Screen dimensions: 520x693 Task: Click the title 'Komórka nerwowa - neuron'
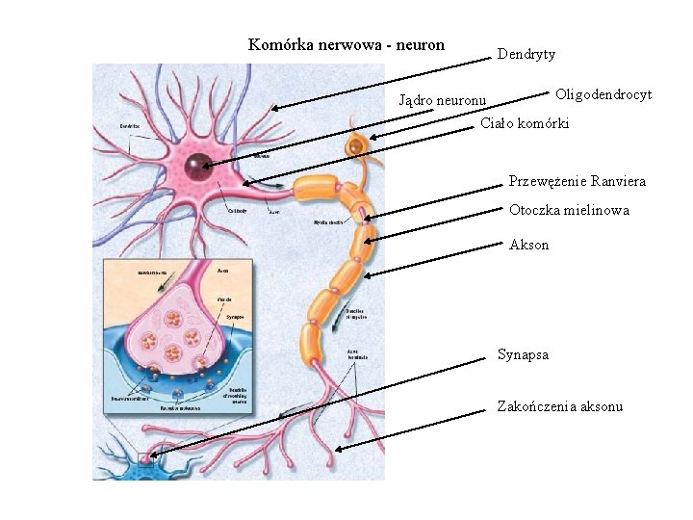[x=346, y=44]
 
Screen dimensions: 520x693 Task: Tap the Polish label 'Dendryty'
[x=526, y=55]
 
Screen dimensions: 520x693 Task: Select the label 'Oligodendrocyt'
[x=603, y=94]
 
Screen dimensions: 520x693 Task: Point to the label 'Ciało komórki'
[x=525, y=124]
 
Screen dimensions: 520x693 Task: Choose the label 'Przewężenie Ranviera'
[x=577, y=181]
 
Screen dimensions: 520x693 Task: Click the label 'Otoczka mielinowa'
[x=569, y=210]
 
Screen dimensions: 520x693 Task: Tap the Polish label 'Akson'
[x=528, y=245]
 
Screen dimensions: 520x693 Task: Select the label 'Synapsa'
[x=523, y=354]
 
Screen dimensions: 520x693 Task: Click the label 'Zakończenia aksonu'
[x=559, y=406]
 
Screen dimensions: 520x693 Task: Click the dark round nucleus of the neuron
[x=199, y=166]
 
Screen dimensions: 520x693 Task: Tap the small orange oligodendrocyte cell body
[x=357, y=145]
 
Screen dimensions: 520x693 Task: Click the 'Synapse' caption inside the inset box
[x=236, y=316]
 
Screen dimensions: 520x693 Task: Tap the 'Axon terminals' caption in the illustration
[x=359, y=353]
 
